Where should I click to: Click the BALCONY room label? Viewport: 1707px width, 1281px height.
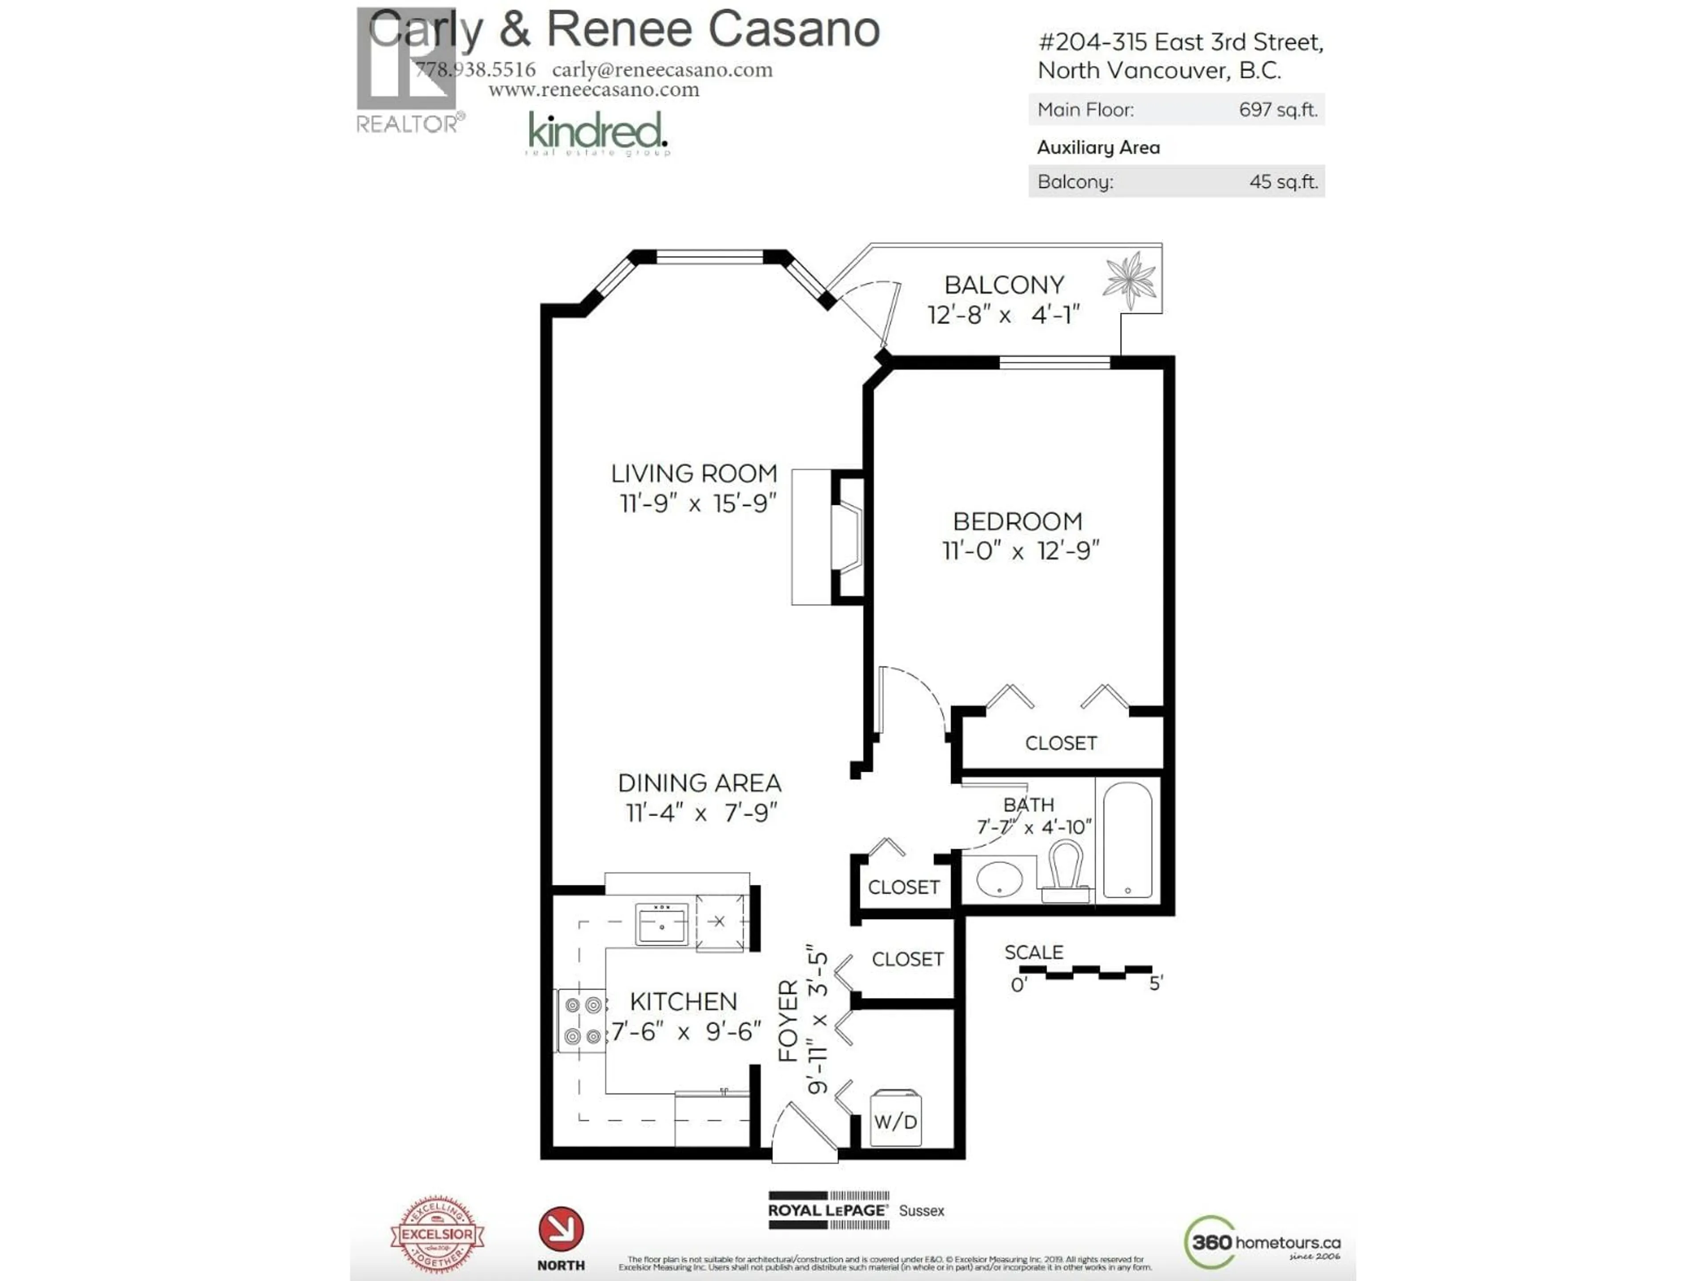coord(1004,285)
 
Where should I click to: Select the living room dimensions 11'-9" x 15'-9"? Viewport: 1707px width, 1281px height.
coord(697,504)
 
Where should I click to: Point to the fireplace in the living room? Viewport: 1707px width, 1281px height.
coord(846,537)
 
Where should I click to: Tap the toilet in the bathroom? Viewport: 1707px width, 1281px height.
coord(1065,870)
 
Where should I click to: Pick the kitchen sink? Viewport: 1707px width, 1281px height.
coord(661,924)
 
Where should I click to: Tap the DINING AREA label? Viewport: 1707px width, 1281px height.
coord(699,783)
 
